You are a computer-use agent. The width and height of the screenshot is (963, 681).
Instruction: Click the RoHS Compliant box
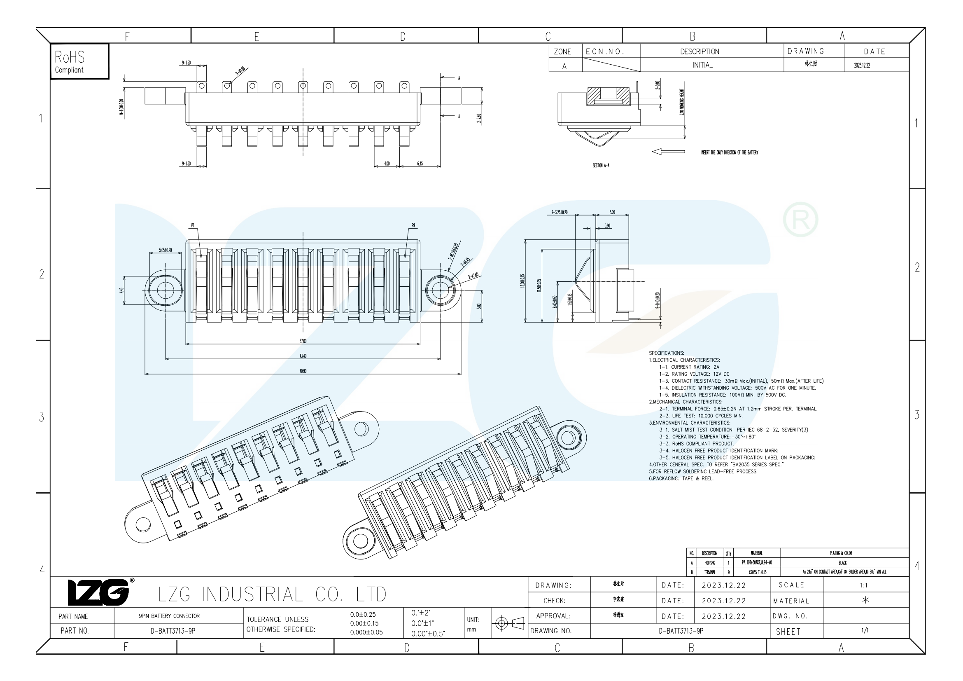click(x=79, y=61)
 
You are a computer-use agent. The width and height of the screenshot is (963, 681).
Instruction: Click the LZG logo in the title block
click(x=99, y=592)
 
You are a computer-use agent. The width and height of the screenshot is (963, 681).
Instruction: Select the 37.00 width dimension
click(x=303, y=341)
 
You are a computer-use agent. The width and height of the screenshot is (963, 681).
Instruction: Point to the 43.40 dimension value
click(x=303, y=356)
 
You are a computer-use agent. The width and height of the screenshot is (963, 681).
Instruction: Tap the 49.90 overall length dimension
click(x=303, y=371)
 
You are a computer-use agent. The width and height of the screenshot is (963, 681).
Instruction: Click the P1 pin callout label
click(x=193, y=226)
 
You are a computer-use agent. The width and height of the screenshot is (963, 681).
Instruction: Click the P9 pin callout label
click(x=413, y=226)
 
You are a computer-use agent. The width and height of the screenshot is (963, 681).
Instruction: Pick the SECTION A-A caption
click(x=601, y=166)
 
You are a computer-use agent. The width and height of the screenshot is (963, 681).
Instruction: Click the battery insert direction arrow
click(x=669, y=152)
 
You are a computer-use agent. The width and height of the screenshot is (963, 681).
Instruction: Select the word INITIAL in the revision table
click(x=702, y=65)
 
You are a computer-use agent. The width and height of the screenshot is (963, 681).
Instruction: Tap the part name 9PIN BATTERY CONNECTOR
click(x=169, y=616)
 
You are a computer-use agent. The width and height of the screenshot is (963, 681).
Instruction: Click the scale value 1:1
click(x=864, y=585)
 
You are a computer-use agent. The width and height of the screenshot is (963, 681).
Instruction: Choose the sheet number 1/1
click(x=865, y=630)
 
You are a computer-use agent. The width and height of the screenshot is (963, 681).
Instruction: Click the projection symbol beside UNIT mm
click(x=509, y=623)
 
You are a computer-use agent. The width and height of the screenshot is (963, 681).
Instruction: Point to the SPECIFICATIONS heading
click(x=667, y=353)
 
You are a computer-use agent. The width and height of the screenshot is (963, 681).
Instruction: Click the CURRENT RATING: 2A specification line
click(x=689, y=367)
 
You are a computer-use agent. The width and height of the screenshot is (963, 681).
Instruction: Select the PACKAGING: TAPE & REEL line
click(x=681, y=478)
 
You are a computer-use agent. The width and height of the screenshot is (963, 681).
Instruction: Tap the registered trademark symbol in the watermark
click(x=800, y=220)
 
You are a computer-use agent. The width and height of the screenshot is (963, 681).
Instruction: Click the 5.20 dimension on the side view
click(x=612, y=212)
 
